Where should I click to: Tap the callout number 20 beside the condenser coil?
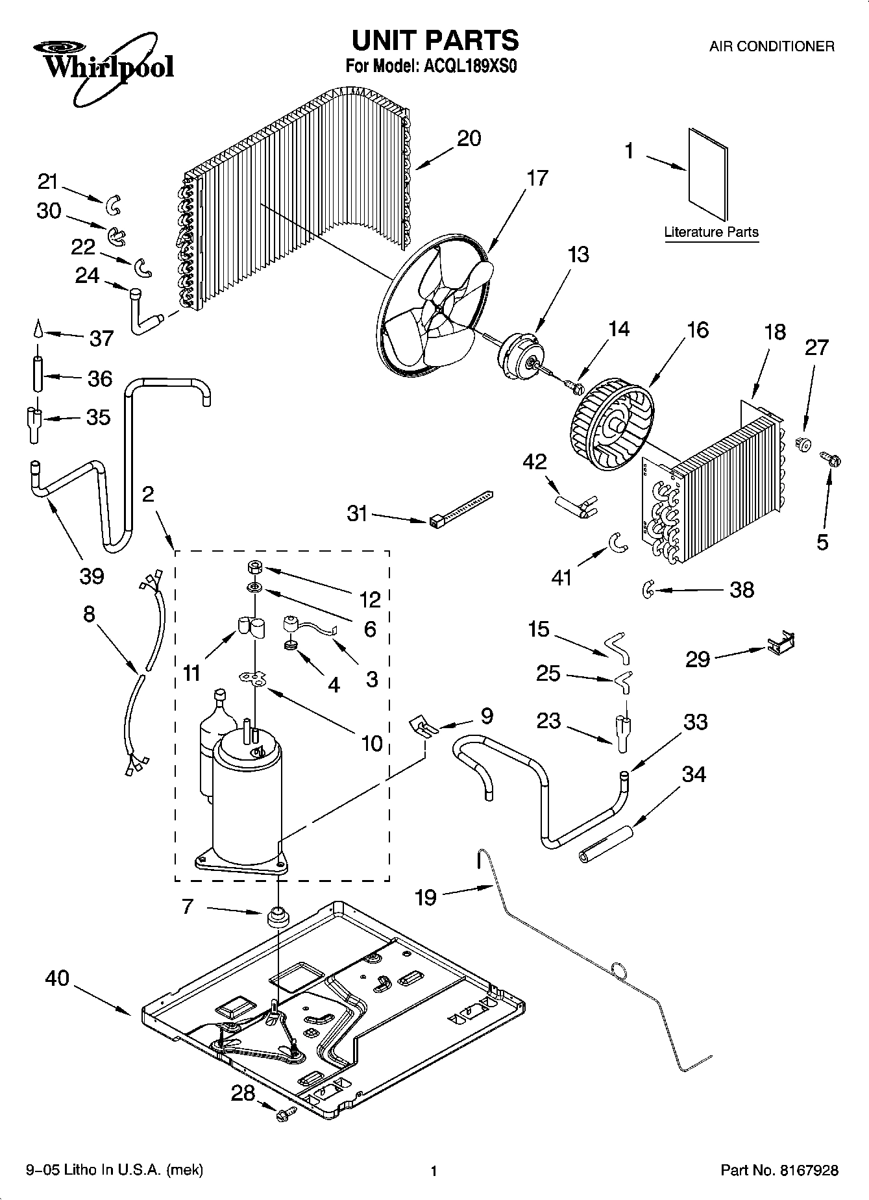coord(469,138)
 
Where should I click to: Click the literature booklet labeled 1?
coord(707,173)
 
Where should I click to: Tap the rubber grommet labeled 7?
coord(278,919)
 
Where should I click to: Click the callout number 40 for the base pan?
coord(57,979)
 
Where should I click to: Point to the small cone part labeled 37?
coord(38,330)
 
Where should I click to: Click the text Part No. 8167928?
coord(779,1170)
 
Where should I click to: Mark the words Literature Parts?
coord(711,232)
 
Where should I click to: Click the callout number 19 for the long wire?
coord(426,898)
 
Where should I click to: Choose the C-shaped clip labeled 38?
coord(648,589)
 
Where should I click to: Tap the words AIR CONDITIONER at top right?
coord(771,47)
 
